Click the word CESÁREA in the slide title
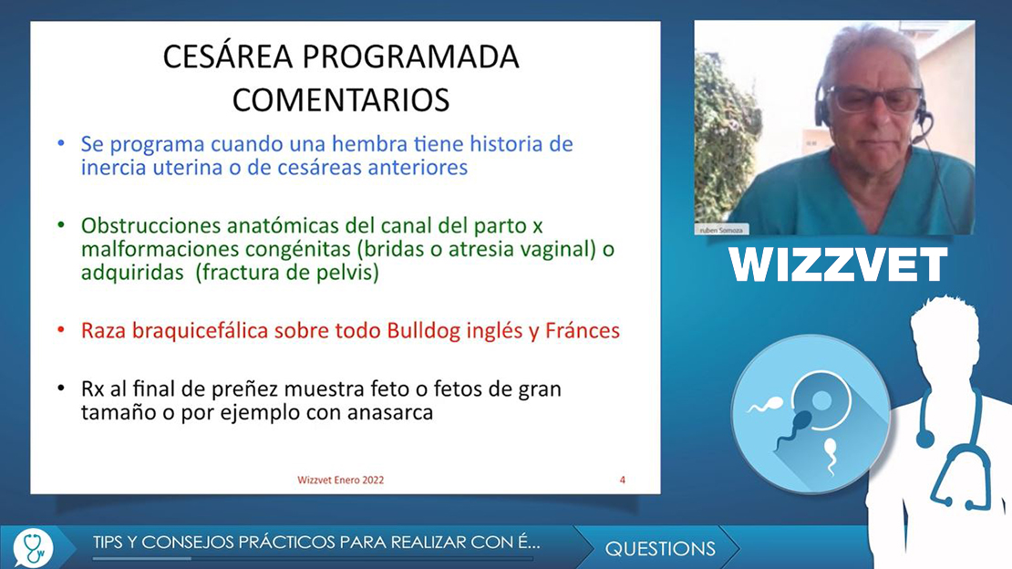click(228, 57)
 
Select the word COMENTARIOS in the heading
click(341, 100)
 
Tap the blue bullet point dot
click(61, 143)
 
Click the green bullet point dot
click(61, 224)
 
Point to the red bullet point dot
click(61, 330)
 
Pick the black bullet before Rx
click(61, 388)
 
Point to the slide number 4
click(622, 480)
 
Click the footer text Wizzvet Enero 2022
click(341, 480)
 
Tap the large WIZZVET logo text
click(838, 264)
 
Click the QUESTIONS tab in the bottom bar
click(659, 548)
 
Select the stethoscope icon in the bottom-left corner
click(33, 548)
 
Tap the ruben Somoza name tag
click(721, 230)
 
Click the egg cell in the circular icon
click(820, 401)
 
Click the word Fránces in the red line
click(583, 331)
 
